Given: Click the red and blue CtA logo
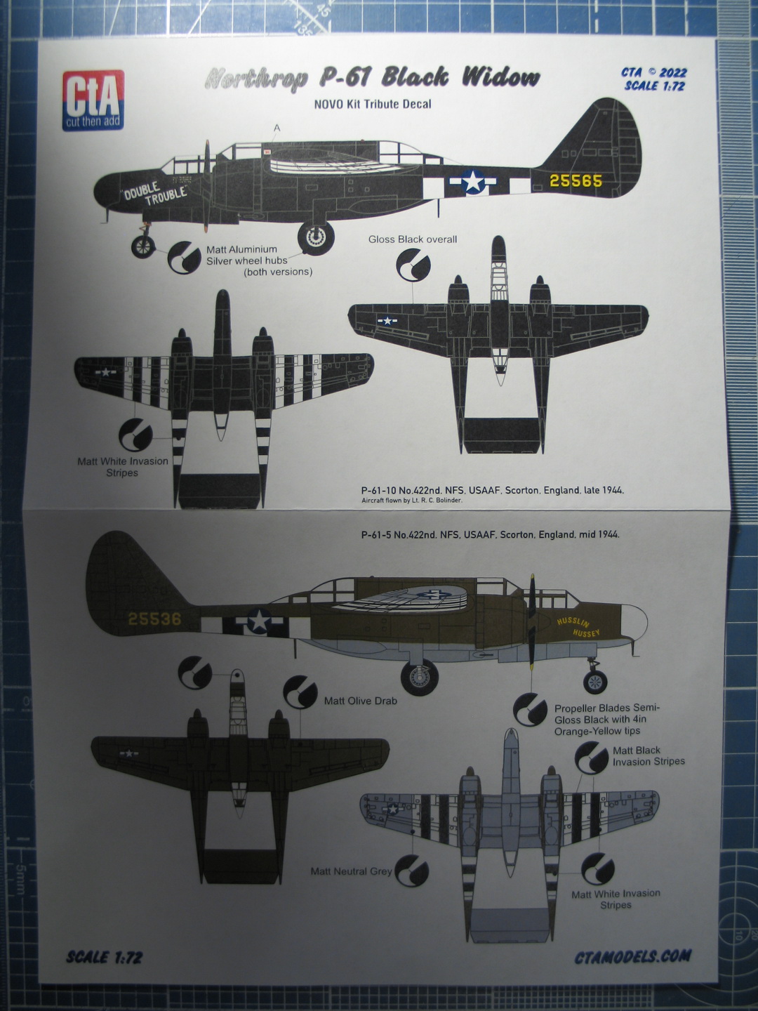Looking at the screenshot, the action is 94,100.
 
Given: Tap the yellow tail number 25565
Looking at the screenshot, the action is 576,181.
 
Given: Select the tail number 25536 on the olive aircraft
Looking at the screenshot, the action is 154,619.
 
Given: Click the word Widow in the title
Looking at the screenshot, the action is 500,77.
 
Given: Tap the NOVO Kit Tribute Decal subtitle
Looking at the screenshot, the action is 373,105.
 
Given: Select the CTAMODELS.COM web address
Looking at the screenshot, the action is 632,956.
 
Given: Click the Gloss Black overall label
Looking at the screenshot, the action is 413,239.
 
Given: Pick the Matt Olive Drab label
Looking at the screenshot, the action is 361,701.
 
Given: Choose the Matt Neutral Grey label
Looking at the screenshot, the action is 351,871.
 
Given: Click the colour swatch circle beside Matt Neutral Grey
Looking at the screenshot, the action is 412,871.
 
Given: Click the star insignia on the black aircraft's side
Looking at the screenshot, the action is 473,182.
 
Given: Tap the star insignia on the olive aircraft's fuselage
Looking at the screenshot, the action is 258,621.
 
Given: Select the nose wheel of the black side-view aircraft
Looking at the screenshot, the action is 144,246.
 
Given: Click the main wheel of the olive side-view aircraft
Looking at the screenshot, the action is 420,678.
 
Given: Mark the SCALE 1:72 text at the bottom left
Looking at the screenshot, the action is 105,957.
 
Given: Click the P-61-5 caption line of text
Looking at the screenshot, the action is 490,535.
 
